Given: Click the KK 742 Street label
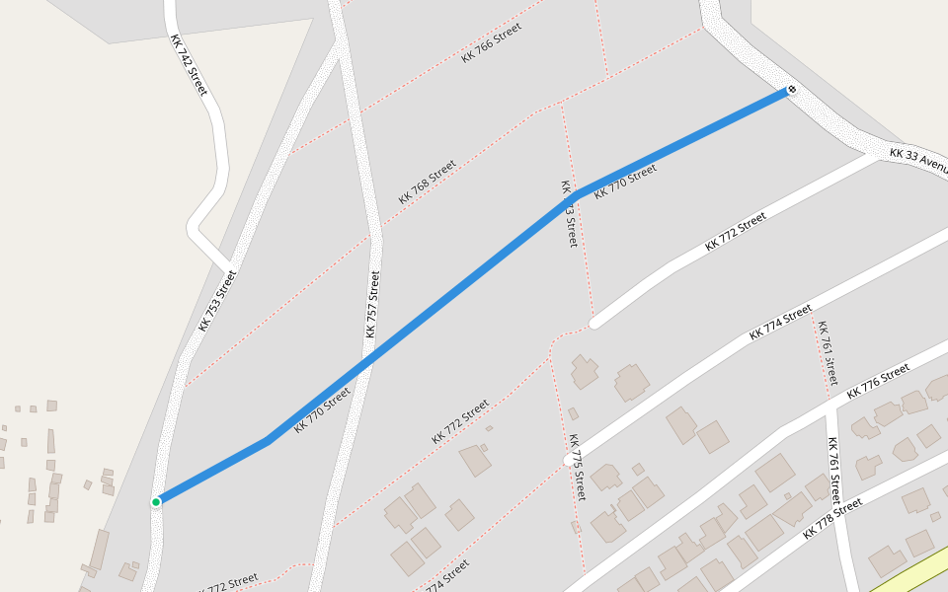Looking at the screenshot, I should (x=189, y=65).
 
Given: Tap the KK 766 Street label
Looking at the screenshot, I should (x=491, y=43).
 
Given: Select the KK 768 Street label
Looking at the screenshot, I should (x=428, y=182).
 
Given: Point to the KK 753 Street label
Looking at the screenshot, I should (x=218, y=300).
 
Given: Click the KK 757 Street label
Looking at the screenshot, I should (x=372, y=304).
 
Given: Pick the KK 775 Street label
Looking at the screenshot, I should (x=577, y=468).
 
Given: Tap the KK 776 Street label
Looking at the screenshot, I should (x=878, y=380).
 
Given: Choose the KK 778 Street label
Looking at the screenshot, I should (x=832, y=518).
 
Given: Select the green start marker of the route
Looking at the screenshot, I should (x=156, y=502).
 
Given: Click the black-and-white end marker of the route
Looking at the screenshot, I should (x=791, y=91).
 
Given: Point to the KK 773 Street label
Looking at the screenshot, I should (x=569, y=213).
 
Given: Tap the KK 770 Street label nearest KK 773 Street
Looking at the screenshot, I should (x=625, y=182).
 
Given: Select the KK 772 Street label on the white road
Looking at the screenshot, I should (x=736, y=232).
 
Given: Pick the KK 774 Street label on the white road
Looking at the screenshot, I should (x=780, y=323).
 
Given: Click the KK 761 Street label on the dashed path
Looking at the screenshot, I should (x=827, y=352).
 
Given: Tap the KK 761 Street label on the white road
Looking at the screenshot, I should (x=834, y=470).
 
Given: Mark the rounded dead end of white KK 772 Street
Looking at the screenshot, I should (x=594, y=322).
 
